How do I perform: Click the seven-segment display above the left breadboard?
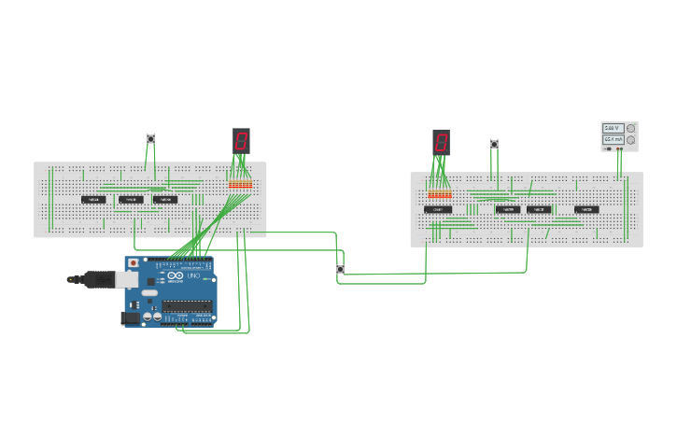[241, 141]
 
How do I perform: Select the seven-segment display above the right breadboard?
[441, 142]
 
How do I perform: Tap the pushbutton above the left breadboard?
[150, 139]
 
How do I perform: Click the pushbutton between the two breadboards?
[340, 269]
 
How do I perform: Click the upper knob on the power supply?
[630, 128]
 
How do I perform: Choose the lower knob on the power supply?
[630, 140]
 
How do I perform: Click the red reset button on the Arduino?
[134, 264]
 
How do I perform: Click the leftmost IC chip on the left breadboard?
[93, 199]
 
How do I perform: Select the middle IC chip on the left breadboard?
[130, 199]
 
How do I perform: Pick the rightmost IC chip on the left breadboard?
[164, 199]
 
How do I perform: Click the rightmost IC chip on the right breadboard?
[586, 209]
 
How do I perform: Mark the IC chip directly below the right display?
[437, 209]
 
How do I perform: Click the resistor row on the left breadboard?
[240, 185]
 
